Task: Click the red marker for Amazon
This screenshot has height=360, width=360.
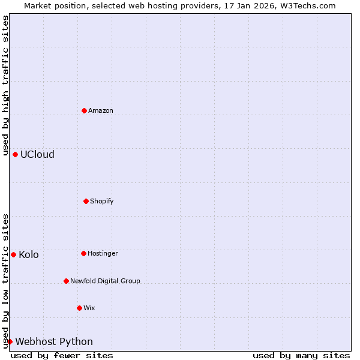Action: point(84,110)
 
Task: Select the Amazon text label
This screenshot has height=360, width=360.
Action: point(101,111)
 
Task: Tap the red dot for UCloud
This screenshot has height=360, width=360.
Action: point(15,154)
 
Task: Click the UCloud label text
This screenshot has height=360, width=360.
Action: point(37,155)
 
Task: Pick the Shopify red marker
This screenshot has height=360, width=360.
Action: point(86,201)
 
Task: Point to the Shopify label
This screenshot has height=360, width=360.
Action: point(102,201)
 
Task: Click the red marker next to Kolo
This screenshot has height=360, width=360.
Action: point(13,254)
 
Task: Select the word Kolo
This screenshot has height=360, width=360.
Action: point(29,255)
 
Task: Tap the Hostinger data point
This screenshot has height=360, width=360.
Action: point(83,253)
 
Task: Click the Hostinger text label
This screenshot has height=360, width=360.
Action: point(103,254)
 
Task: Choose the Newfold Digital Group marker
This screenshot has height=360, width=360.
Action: point(66,281)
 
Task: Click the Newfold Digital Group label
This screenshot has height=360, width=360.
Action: point(105,281)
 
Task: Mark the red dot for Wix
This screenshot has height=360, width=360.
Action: point(79,308)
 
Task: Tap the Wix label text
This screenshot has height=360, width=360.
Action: point(89,308)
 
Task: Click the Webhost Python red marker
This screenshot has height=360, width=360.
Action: point(10,341)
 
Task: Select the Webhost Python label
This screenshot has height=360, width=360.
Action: point(54,342)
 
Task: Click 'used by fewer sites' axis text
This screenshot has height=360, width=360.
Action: point(62,355)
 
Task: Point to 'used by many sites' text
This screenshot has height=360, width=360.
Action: point(301,355)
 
